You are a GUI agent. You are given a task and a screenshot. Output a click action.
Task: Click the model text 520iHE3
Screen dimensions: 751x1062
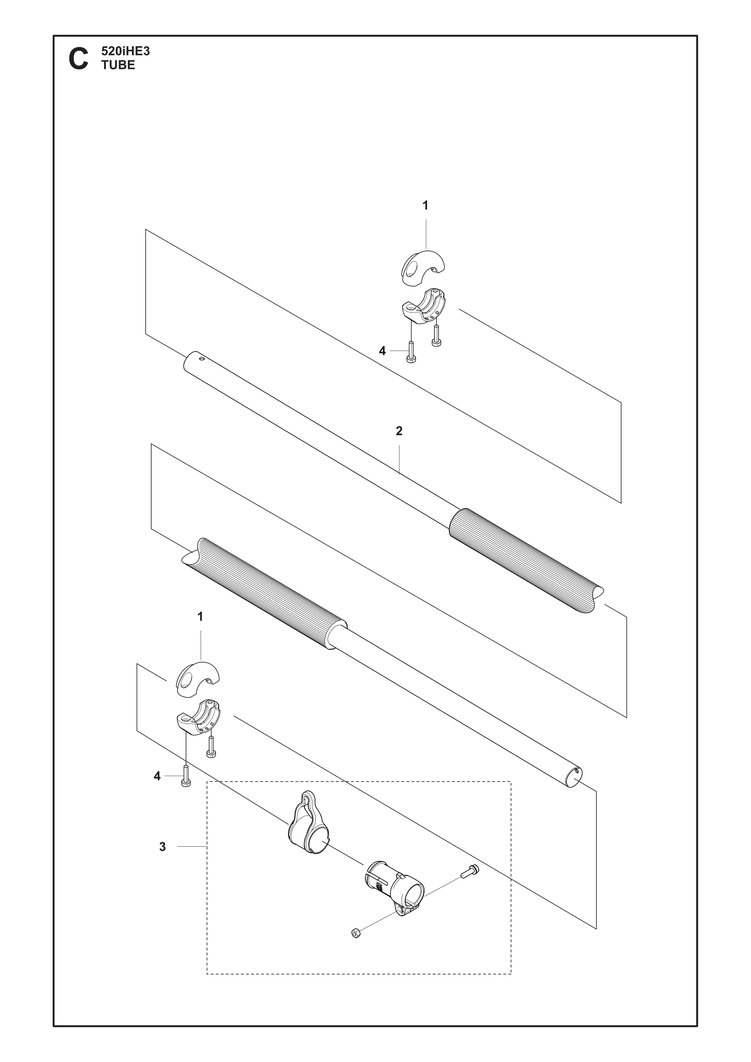tap(125, 51)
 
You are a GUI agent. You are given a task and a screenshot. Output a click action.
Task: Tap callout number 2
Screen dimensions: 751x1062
tap(399, 431)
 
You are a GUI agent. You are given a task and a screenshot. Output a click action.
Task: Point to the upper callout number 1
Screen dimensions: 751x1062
tap(425, 205)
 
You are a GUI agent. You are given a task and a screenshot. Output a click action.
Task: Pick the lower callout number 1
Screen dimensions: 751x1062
tap(200, 617)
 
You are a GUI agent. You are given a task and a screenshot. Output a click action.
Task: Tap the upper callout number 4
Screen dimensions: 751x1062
tap(382, 351)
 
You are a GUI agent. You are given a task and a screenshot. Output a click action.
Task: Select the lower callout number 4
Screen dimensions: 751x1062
tap(157, 776)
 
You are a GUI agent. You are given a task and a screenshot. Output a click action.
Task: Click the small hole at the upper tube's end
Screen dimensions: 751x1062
tap(202, 357)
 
